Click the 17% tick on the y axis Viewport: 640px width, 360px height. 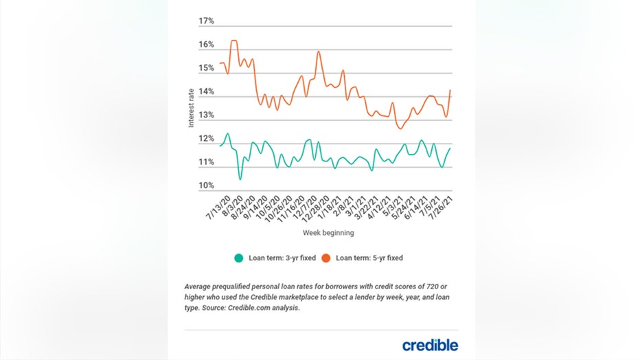click(x=206, y=21)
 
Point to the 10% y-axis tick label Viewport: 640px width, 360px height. click(x=206, y=186)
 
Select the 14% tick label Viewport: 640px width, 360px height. click(x=206, y=92)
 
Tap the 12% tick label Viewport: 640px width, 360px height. click(x=206, y=139)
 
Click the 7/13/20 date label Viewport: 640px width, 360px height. click(x=218, y=207)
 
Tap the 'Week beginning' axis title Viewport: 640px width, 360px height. click(x=328, y=233)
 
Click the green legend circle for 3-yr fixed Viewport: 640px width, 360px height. click(x=239, y=258)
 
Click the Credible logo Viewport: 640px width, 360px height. click(x=430, y=344)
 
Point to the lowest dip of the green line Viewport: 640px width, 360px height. click(x=240, y=179)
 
